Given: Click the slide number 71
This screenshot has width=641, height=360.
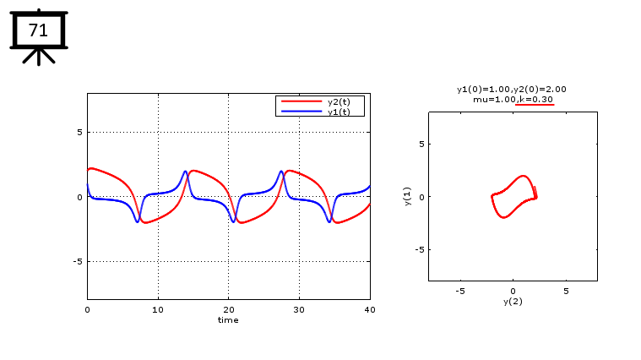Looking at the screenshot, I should tap(38, 30).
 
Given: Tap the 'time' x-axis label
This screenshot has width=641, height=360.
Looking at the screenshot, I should tap(228, 320).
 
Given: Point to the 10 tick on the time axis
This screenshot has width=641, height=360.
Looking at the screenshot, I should tap(158, 310).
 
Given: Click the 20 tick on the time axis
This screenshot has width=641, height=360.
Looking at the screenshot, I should tap(228, 310).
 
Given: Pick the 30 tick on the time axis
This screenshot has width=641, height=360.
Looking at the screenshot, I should tap(299, 310).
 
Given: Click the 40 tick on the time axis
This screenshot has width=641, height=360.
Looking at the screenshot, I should tap(369, 310).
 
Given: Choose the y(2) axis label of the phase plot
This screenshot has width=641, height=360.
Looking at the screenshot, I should tap(513, 301).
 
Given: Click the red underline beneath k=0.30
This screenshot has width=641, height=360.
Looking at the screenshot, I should tap(535, 105).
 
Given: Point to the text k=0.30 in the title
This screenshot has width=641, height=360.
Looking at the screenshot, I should tap(536, 99).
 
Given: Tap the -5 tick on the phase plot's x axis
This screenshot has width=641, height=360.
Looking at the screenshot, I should tap(460, 291).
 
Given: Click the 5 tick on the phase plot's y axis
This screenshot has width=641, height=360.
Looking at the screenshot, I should tap(420, 144).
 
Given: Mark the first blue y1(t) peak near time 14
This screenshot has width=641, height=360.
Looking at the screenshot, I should tap(185, 172).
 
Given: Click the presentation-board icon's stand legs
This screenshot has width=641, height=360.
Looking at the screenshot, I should tap(38, 57).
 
